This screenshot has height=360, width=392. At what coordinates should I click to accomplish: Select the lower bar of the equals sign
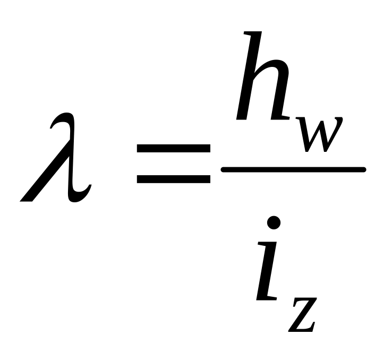click(173, 179)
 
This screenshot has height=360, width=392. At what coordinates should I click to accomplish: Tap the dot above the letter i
click(274, 224)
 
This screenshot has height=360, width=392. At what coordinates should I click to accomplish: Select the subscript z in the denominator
click(303, 316)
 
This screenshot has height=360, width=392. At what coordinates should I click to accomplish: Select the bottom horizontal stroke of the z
click(302, 330)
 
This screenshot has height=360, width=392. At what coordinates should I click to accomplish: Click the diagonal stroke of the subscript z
click(304, 316)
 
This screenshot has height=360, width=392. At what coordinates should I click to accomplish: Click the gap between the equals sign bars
click(173, 165)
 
